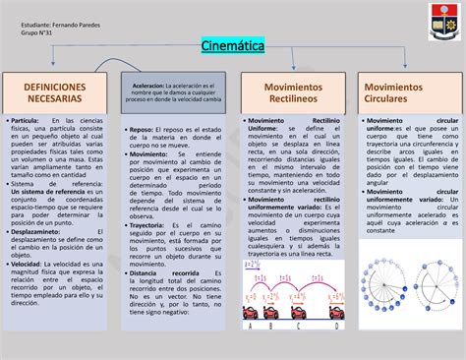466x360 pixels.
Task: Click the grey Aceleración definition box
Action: [175, 93]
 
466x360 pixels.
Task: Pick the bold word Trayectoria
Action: [148, 224]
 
